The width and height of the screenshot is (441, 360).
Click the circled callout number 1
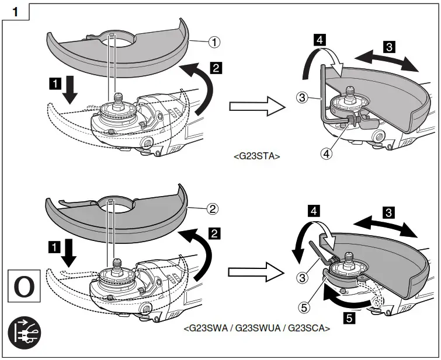(215, 41)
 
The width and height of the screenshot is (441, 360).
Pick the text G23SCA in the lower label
(309, 328)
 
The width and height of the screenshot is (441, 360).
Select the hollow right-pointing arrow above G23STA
(256, 107)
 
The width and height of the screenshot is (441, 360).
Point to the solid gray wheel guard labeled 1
(117, 50)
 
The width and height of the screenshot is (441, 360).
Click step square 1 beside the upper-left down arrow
(56, 84)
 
